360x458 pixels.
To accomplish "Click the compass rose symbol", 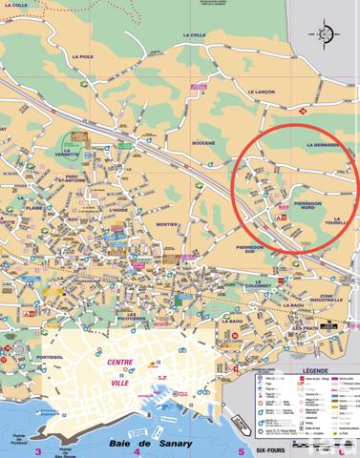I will pyautogui.click(x=326, y=36).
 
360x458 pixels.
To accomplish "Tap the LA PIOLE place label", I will pyautogui.click(x=82, y=57).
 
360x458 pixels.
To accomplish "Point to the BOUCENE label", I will pyautogui.click(x=202, y=142).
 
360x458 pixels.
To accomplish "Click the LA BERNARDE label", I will pyautogui.click(x=324, y=145).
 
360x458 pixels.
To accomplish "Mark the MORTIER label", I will pyautogui.click(x=167, y=225).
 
